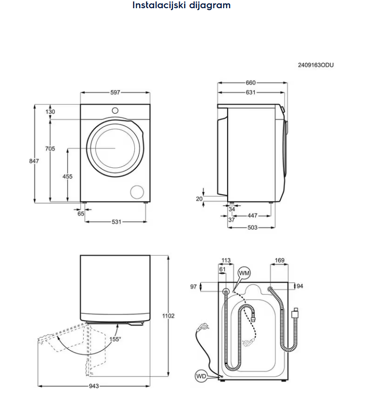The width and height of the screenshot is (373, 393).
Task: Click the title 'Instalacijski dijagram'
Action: tap(182, 6)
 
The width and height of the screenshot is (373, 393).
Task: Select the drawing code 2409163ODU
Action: tap(316, 65)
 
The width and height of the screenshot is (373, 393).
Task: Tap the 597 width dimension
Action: tap(115, 92)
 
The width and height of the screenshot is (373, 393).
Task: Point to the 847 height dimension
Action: tap(34, 161)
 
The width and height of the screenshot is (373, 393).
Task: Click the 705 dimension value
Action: tap(50, 149)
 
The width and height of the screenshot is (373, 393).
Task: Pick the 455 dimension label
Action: tap(68, 176)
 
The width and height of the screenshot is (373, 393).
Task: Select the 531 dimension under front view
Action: tap(116, 222)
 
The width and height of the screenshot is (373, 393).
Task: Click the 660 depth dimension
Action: tap(250, 83)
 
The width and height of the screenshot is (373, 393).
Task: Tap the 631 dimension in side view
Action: tap(250, 93)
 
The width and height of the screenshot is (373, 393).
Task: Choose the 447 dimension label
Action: tap(252, 216)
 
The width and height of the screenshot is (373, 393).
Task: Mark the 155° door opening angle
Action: tap(115, 339)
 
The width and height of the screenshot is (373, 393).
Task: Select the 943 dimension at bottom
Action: tap(94, 386)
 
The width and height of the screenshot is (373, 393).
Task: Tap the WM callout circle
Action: tap(245, 273)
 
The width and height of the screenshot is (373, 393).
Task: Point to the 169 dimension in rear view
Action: tap(279, 261)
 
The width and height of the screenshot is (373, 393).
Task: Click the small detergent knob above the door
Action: tap(115, 110)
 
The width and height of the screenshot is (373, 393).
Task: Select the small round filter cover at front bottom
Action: tap(137, 191)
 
